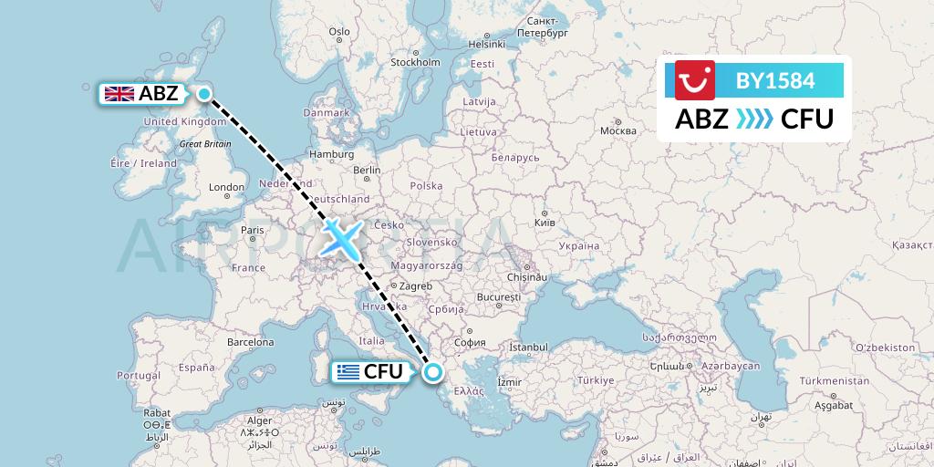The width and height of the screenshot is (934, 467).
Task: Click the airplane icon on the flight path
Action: point(342,237)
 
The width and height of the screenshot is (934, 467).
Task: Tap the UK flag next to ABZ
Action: point(119,93)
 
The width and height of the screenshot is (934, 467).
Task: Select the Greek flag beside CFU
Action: point(347,371)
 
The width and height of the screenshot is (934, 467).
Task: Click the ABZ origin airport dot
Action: point(204,93)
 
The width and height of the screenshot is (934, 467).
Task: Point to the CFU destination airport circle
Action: point(432,371)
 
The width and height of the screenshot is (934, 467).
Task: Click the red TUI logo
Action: point(696,80)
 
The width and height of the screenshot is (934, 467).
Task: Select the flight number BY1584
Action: point(774,80)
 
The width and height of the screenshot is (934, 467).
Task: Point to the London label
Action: point(226,188)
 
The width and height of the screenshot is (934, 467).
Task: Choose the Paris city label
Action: point(252,231)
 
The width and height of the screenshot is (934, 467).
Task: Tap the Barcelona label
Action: point(251,343)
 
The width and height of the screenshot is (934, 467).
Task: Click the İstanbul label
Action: point(528,348)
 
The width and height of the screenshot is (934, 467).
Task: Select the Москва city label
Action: point(617,130)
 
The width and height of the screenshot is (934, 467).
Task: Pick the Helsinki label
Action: point(486,44)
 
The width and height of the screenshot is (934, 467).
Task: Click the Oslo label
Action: point(339,31)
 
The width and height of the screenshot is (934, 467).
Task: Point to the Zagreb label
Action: point(415,285)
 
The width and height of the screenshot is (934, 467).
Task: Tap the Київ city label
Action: point(544,223)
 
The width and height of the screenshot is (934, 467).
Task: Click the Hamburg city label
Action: point(331,155)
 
